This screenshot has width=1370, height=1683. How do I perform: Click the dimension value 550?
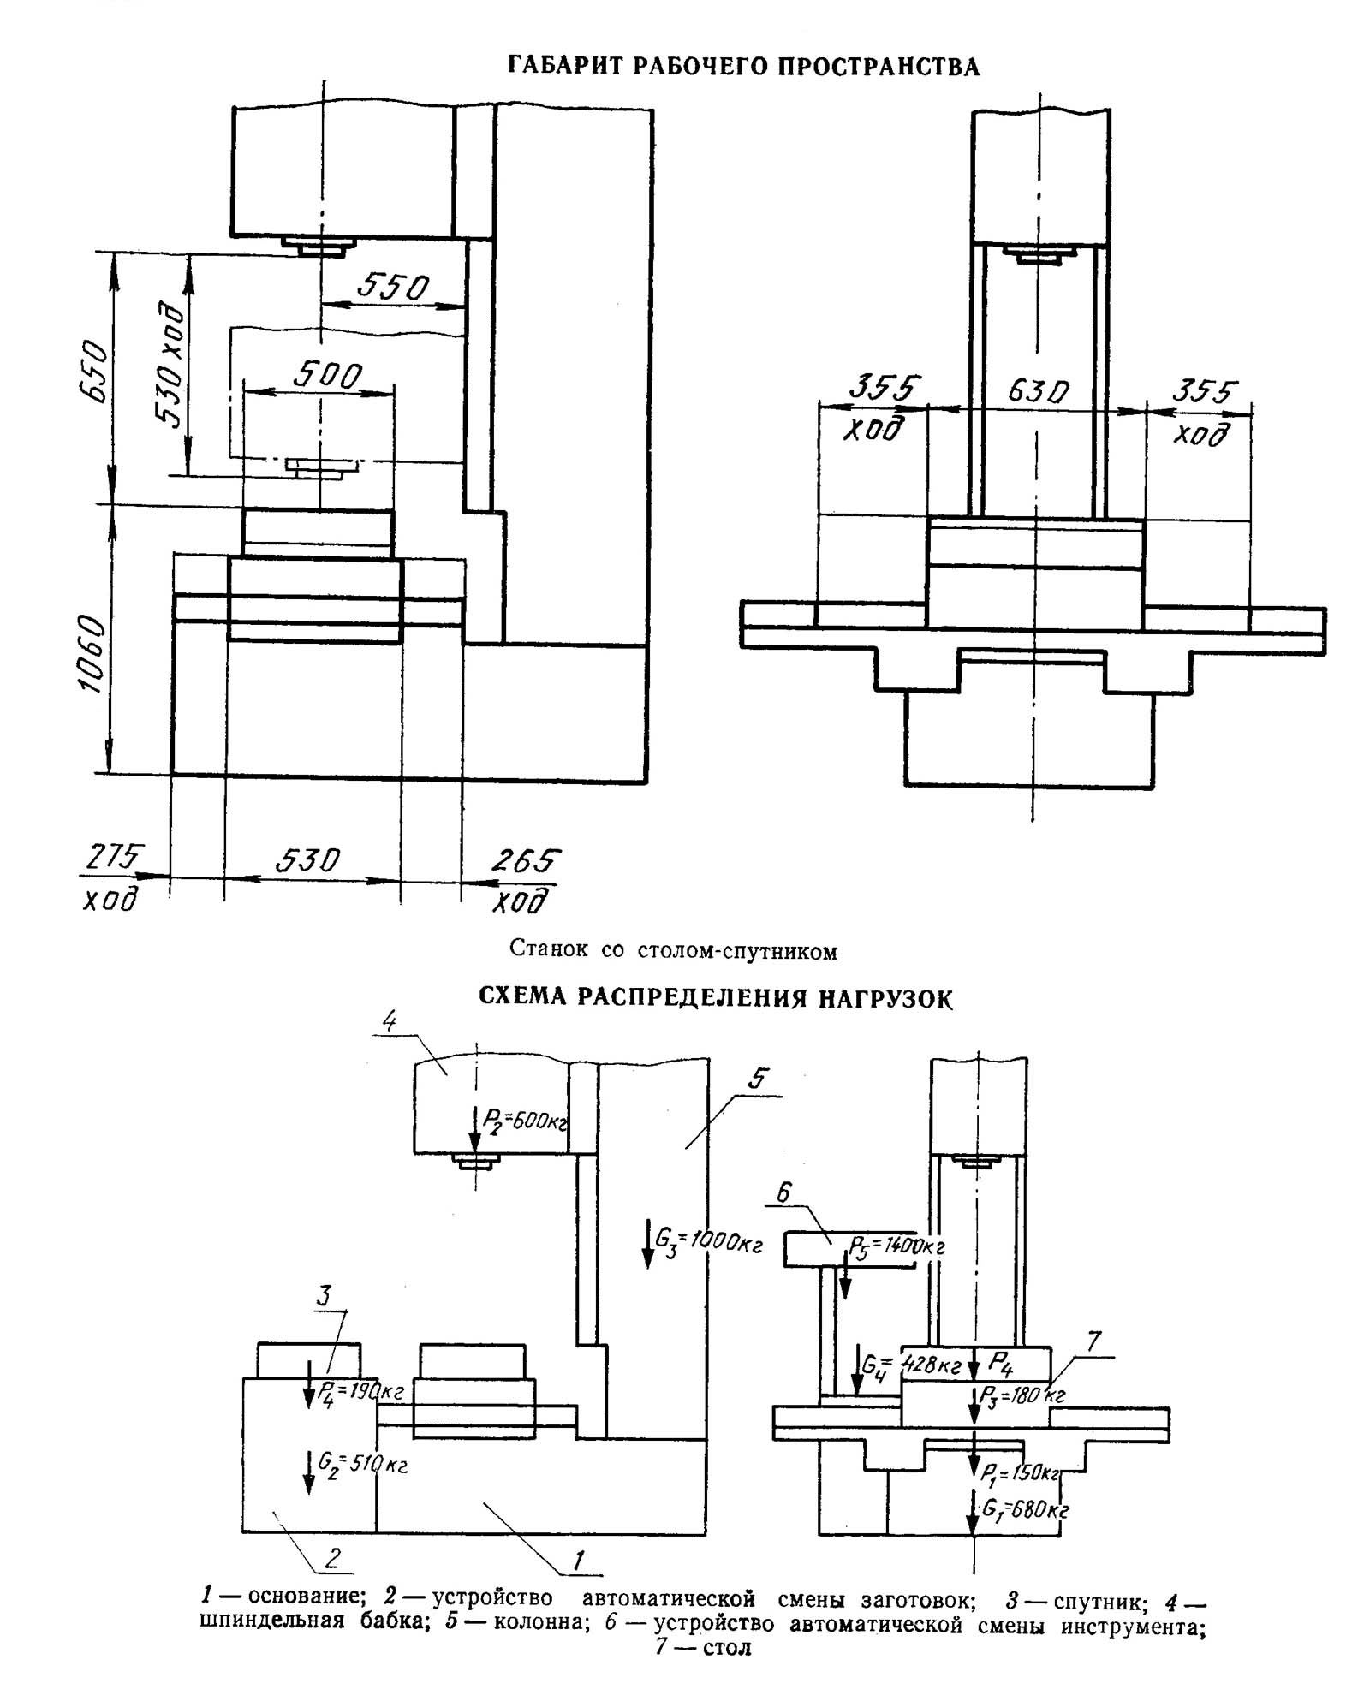pos(392,287)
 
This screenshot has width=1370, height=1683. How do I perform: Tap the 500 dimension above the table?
pos(328,375)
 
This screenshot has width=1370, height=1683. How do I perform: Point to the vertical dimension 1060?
pos(92,654)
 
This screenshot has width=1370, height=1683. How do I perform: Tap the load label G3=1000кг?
pos(708,1240)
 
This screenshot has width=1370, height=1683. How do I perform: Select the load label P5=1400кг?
pos(897,1246)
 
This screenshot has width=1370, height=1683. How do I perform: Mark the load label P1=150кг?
pos(1021,1472)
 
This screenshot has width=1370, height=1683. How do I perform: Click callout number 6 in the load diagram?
pos(784,1192)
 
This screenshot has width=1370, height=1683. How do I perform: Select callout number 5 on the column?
pos(758,1079)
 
